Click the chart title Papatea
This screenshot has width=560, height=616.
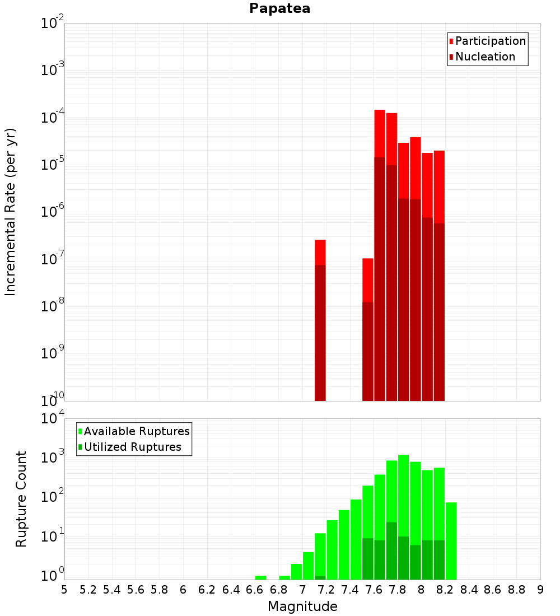pos(279,8)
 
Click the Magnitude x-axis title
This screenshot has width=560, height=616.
pos(302,606)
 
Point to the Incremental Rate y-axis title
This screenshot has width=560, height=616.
pos(10,212)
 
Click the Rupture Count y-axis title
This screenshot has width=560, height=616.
pos(21,499)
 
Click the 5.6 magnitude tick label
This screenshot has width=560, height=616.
pos(136,590)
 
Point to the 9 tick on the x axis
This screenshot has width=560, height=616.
pos(540,590)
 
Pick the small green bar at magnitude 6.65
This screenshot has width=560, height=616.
pos(261,577)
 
